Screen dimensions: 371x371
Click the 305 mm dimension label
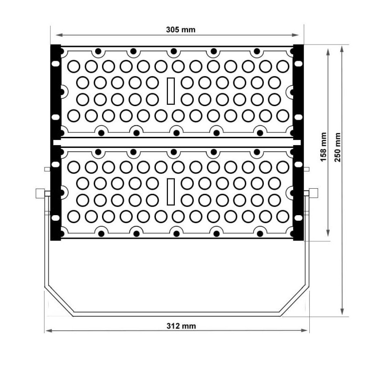(x=181, y=30)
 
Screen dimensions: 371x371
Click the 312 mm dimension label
(x=181, y=326)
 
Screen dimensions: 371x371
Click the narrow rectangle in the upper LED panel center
(x=170, y=91)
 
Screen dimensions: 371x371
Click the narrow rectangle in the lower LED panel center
(x=170, y=192)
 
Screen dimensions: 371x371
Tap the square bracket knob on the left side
(x=40, y=193)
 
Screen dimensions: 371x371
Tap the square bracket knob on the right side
(x=313, y=193)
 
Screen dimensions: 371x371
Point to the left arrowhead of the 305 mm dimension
(x=58, y=35)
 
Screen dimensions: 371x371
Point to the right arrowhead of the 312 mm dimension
(x=306, y=331)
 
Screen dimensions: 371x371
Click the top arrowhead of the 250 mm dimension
(x=342, y=48)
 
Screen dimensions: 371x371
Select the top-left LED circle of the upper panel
(x=73, y=66)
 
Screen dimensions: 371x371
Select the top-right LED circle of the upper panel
(x=282, y=66)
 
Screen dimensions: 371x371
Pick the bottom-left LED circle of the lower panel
(x=73, y=216)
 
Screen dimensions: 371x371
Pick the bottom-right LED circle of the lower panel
(x=282, y=216)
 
